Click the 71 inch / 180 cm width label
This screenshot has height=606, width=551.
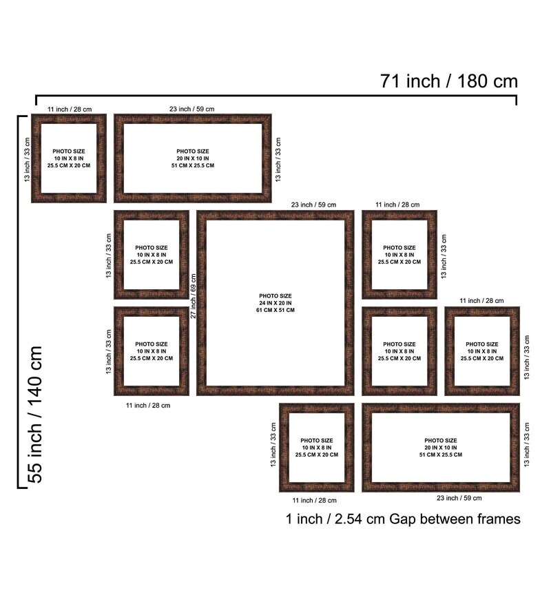coord(449,81)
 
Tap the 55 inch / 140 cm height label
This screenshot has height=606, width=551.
coord(35,415)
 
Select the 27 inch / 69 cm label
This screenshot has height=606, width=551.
coord(194,296)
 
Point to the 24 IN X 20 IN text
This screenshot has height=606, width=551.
coord(275,303)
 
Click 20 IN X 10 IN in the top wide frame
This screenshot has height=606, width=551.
coord(193,158)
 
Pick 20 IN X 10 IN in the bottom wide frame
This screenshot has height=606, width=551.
coord(440,448)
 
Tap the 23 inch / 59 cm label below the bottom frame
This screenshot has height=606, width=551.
coord(459,498)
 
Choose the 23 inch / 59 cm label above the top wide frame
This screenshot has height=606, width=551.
coord(191,109)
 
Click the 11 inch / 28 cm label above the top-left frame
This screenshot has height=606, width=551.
coord(70,109)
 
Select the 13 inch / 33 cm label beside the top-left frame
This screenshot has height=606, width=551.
coord(27,160)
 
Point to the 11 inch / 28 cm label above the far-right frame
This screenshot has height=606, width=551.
coord(482,301)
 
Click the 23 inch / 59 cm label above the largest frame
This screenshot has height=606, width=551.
coord(313,205)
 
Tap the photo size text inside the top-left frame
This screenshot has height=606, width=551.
coord(69,158)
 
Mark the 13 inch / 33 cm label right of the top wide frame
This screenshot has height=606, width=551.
coord(278,160)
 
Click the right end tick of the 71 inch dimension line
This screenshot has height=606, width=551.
coord(516,100)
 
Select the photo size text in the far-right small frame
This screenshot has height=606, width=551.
coord(482,351)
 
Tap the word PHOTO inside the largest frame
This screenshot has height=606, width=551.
coord(267,296)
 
